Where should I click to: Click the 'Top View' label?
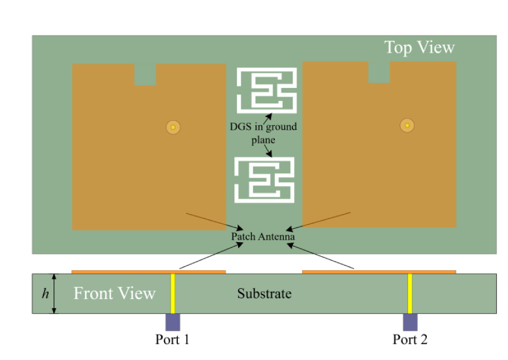click(x=419, y=47)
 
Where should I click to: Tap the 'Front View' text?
click(x=115, y=293)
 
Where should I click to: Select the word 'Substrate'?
click(x=264, y=294)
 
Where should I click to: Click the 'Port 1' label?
click(x=173, y=339)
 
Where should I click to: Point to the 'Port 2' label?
click(x=410, y=339)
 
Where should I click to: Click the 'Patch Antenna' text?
click(x=263, y=237)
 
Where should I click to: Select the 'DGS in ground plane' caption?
click(x=263, y=133)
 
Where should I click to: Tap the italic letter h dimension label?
click(x=45, y=294)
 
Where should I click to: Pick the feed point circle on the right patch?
click(x=406, y=125)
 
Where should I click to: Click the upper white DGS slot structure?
click(x=266, y=90)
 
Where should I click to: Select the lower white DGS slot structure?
click(x=265, y=179)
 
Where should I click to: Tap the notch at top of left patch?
click(x=145, y=74)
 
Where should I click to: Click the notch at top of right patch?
click(x=379, y=72)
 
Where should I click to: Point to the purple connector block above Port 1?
click(x=173, y=322)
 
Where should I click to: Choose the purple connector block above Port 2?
click(x=410, y=322)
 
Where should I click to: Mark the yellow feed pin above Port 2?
click(x=410, y=293)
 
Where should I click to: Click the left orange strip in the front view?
click(x=148, y=272)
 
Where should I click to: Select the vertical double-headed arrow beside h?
click(x=55, y=293)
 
